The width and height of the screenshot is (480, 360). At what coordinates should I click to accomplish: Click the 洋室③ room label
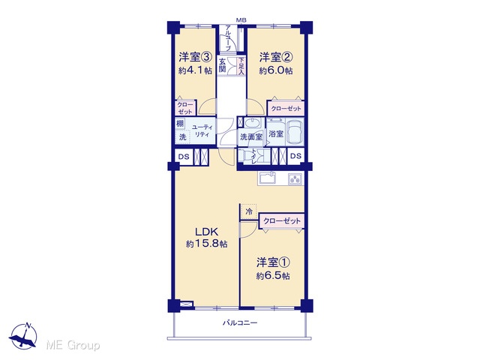click(x=195, y=57)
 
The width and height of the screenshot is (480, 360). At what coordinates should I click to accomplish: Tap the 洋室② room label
click(x=276, y=57)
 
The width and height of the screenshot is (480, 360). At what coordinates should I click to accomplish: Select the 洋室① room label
click(x=273, y=262)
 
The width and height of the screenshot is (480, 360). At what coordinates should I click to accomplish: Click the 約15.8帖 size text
click(x=207, y=244)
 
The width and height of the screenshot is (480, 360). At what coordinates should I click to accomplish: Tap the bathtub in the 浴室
click(x=295, y=133)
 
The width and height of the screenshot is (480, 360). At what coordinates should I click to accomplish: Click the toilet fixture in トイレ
click(x=245, y=156)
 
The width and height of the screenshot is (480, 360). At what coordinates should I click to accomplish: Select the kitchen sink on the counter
click(x=267, y=178)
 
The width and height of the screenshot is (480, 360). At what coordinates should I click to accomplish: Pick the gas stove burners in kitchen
click(x=295, y=178)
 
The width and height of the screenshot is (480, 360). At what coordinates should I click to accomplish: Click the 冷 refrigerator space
click(x=249, y=211)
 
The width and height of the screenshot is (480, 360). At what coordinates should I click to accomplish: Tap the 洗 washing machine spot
click(x=182, y=136)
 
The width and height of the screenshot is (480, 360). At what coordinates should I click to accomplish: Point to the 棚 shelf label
click(x=180, y=123)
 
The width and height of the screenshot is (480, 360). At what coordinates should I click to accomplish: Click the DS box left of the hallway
click(x=184, y=157)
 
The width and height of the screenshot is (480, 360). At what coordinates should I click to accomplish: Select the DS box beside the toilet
click(x=295, y=156)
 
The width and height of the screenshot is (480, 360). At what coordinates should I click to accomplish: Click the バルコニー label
click(x=240, y=322)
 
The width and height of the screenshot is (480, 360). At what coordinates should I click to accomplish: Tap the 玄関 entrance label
click(x=222, y=65)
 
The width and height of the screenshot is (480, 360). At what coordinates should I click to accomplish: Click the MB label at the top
click(x=241, y=20)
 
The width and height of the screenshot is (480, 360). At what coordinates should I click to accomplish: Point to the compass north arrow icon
click(x=23, y=335)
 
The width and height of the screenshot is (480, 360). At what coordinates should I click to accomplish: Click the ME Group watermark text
click(x=73, y=345)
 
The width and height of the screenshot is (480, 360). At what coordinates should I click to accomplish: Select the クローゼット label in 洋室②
click(x=286, y=108)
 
